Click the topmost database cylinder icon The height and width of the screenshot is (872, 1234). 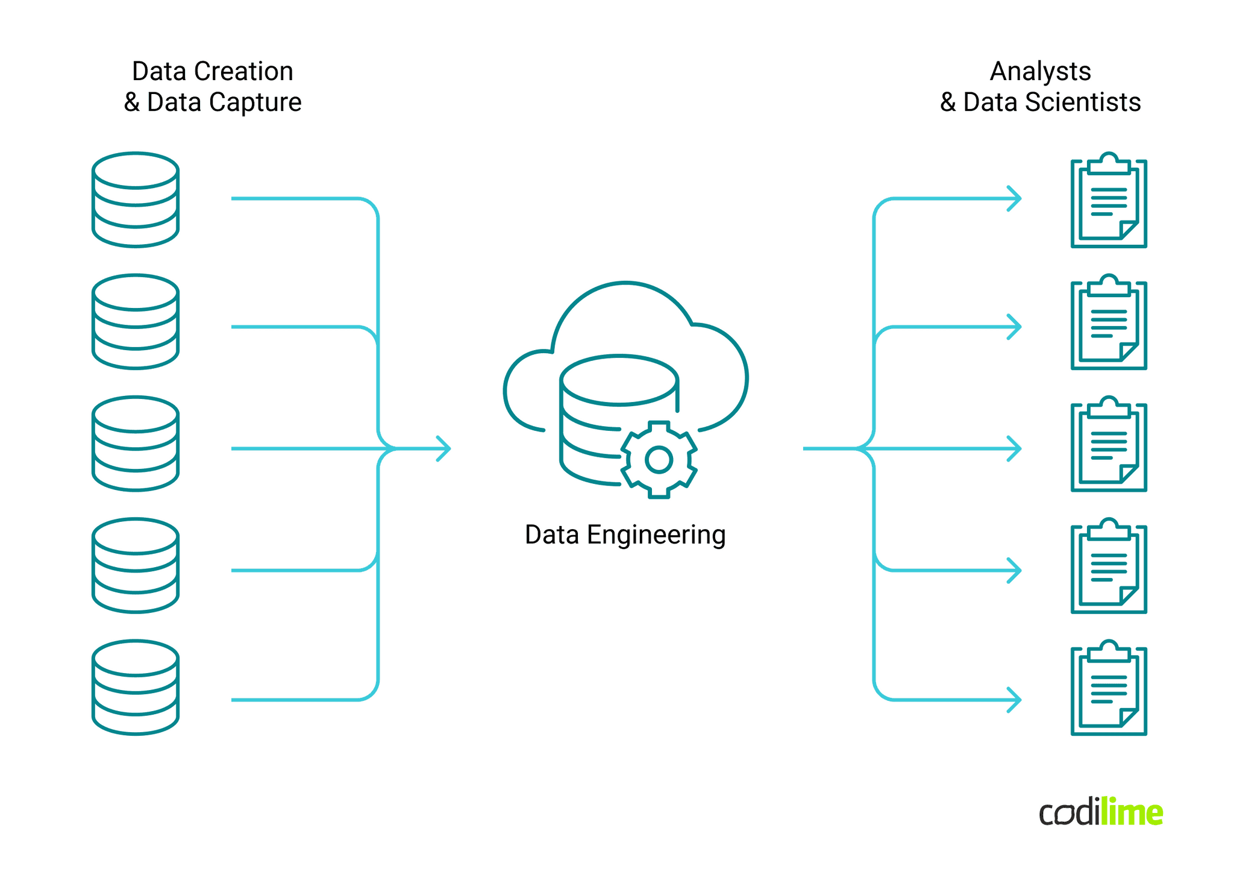click(136, 199)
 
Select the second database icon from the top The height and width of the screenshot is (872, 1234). click(136, 322)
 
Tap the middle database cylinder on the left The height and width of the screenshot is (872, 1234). click(136, 444)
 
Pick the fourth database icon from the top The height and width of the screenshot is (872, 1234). click(136, 565)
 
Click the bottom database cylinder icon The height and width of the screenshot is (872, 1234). click(136, 688)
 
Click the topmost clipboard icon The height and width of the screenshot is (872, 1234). click(1108, 201)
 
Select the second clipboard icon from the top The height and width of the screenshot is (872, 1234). click(1108, 323)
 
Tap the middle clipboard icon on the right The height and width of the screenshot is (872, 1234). click(1108, 445)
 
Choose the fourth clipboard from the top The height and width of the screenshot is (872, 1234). click(1108, 566)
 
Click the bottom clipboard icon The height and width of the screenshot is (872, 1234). click(1108, 689)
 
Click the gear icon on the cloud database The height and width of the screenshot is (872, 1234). click(659, 460)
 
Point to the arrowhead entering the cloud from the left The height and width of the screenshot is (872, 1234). click(444, 448)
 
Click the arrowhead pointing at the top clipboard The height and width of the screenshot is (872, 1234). click(1015, 198)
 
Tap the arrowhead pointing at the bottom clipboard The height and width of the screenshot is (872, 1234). click(1015, 700)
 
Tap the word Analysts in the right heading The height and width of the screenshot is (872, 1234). click(1040, 72)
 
